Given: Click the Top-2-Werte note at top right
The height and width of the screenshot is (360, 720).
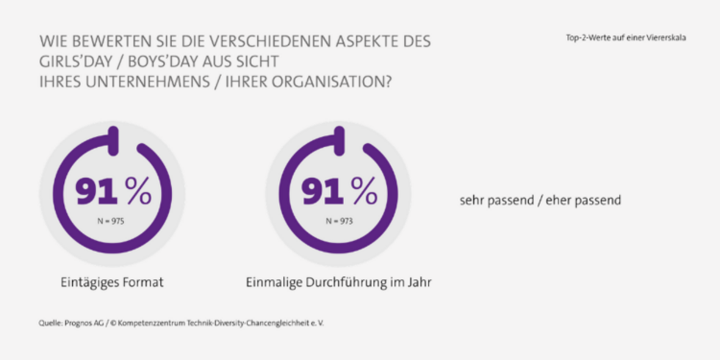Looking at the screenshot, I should (x=626, y=37).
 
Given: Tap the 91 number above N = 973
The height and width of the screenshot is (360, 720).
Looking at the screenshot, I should (x=323, y=192).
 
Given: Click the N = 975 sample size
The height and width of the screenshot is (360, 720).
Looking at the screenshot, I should (x=112, y=220).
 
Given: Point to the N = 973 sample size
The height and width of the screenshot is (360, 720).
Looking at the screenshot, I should (x=338, y=220).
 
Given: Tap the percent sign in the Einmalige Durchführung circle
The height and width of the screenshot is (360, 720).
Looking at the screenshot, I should (x=364, y=192).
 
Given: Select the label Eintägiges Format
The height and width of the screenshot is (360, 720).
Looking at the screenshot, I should (x=112, y=281).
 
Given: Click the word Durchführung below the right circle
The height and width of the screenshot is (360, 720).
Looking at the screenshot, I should (x=345, y=281).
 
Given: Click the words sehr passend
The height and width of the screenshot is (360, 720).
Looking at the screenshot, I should (x=494, y=200).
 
